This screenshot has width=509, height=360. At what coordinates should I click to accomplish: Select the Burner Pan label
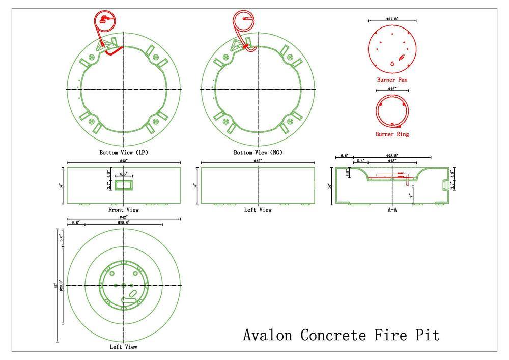click(x=392, y=80)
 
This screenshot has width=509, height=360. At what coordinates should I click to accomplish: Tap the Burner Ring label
click(x=392, y=134)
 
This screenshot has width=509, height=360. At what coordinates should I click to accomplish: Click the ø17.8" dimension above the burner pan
click(x=392, y=19)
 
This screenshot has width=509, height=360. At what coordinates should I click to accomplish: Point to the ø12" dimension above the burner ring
click(x=392, y=89)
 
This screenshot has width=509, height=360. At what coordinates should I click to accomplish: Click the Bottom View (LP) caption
click(x=124, y=152)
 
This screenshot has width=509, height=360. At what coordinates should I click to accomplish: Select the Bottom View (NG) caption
click(x=258, y=152)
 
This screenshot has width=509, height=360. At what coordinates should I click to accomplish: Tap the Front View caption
click(x=124, y=209)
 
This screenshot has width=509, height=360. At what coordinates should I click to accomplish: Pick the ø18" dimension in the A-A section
click(x=392, y=161)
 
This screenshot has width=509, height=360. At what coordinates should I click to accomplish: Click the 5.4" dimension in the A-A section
click(x=360, y=161)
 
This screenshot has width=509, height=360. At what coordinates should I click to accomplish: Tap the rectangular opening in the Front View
click(x=123, y=185)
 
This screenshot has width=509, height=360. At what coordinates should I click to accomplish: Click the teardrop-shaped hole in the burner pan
click(x=392, y=64)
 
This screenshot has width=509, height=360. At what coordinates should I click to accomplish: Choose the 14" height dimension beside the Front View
click(x=61, y=186)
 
